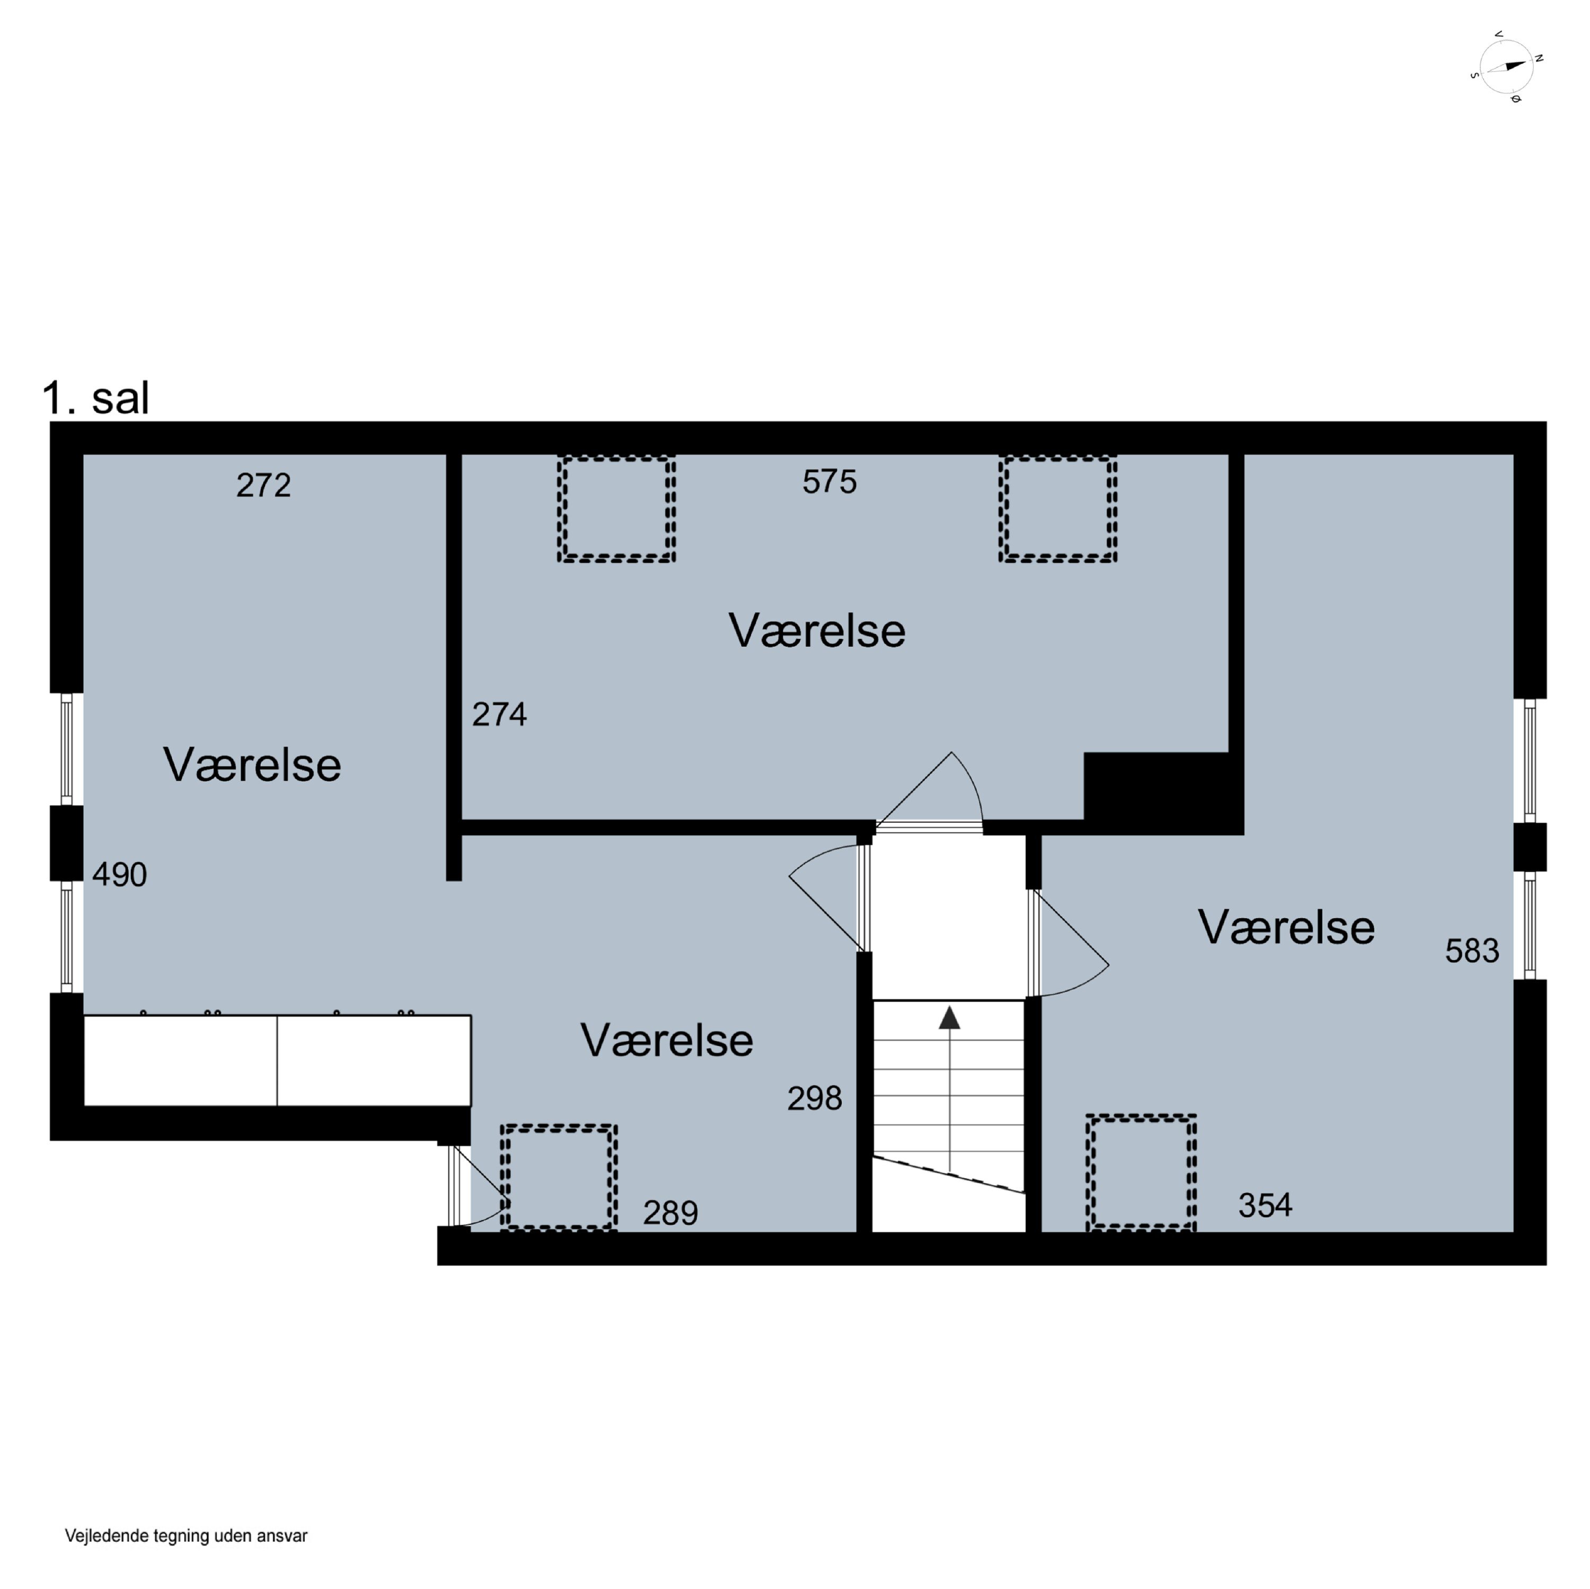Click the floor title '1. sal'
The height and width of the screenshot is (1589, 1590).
coord(95,398)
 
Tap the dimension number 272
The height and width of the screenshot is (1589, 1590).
coord(263,485)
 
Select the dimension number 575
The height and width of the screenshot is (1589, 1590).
coord(829,482)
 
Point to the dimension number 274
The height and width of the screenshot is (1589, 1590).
coord(500,714)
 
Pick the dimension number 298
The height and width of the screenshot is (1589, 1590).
coord(815,1098)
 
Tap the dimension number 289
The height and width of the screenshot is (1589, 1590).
coord(671,1213)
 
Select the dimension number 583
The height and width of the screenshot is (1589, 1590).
coord(1472,951)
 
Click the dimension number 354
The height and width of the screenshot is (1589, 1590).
coord(1266,1205)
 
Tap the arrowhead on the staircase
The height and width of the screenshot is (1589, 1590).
coord(950,1017)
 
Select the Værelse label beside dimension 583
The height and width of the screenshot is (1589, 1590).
coord(1286,927)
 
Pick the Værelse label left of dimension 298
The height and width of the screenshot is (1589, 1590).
coord(667,1040)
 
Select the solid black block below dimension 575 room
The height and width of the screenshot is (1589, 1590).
coord(1163,793)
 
